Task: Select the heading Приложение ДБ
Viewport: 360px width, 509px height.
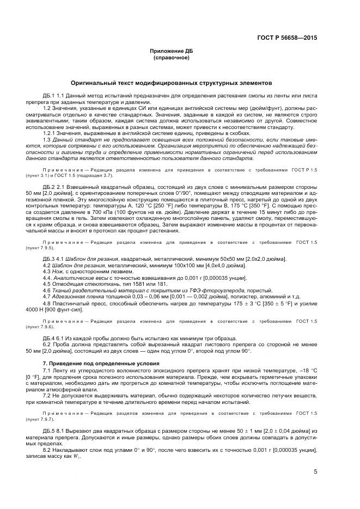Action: [x=172, y=51]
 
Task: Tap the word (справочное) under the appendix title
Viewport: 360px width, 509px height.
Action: [x=172, y=57]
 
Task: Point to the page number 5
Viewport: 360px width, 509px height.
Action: [x=315, y=471]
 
